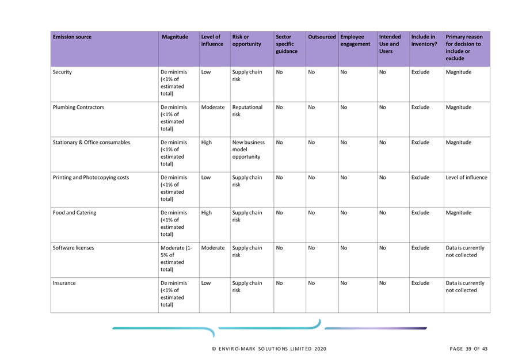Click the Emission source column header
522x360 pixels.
72,37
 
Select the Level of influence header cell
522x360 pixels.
212,40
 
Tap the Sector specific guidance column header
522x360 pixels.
286,44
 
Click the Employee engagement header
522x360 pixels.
355,40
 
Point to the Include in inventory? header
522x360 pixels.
424,40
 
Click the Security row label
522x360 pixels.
62,72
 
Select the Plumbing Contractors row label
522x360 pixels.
78,108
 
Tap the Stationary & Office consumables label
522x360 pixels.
92,143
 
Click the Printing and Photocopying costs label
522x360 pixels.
91,178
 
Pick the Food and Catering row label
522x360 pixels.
75,213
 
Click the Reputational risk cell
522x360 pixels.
247,111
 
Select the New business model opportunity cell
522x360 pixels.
248,150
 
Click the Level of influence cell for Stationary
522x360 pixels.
207,143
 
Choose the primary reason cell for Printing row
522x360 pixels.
466,178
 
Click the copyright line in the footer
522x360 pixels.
269,348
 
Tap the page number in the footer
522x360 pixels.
468,348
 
